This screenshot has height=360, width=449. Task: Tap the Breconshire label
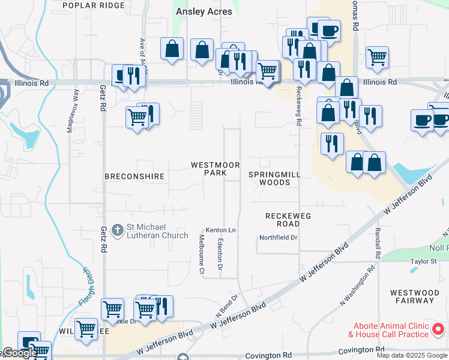[134, 176]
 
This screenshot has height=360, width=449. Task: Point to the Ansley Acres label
[204, 11]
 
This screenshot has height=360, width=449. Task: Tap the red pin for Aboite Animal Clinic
[438, 329]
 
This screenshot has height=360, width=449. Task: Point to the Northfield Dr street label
[279, 238]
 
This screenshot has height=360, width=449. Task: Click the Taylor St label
[423, 262]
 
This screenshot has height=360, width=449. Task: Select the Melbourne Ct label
[202, 254]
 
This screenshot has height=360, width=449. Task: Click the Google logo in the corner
[19, 353]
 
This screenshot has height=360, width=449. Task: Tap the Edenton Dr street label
[220, 255]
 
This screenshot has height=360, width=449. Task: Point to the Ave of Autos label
[143, 54]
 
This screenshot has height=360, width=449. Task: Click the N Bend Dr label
[228, 307]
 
